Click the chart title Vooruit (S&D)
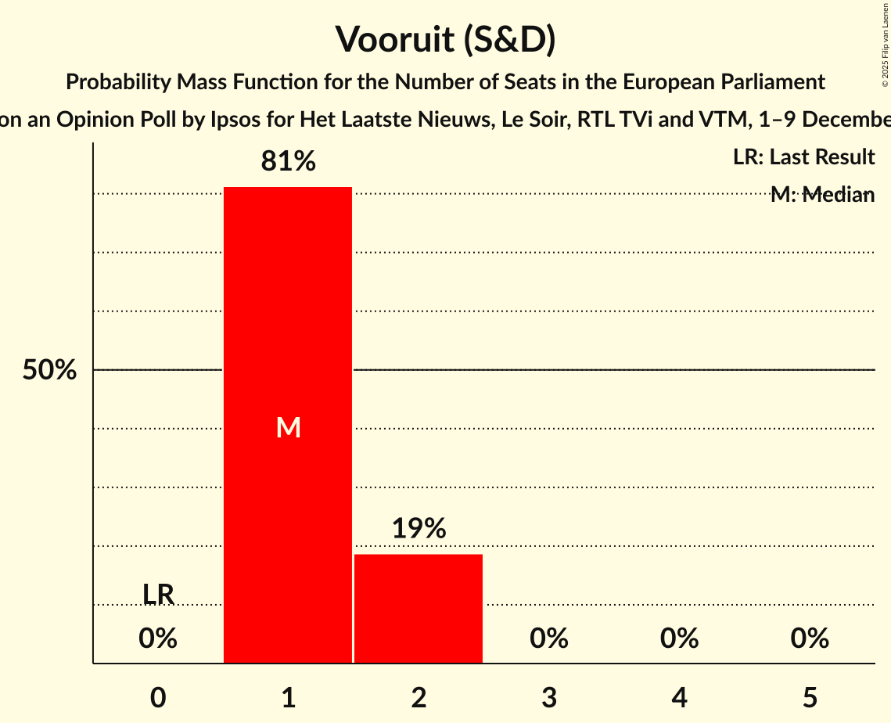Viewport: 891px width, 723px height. (x=445, y=39)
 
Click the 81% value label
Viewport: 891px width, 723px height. (x=288, y=162)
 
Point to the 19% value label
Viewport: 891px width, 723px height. (x=419, y=529)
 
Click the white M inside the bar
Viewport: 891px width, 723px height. (x=288, y=427)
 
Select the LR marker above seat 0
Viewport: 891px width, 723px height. (x=158, y=595)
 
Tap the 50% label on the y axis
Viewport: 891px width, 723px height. (x=49, y=370)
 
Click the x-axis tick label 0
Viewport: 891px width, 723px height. (x=158, y=697)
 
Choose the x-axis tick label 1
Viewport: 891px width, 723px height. (x=288, y=697)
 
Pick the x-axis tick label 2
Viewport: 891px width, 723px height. (x=419, y=697)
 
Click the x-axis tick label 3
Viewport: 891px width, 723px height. (x=549, y=697)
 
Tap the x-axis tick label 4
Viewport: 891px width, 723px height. (x=679, y=697)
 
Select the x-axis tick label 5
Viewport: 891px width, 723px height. (x=810, y=697)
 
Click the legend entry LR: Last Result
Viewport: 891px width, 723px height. (x=803, y=157)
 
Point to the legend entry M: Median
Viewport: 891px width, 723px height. (x=822, y=195)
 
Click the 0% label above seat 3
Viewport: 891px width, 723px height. (x=549, y=639)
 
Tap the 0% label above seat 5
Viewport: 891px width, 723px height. (x=810, y=639)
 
